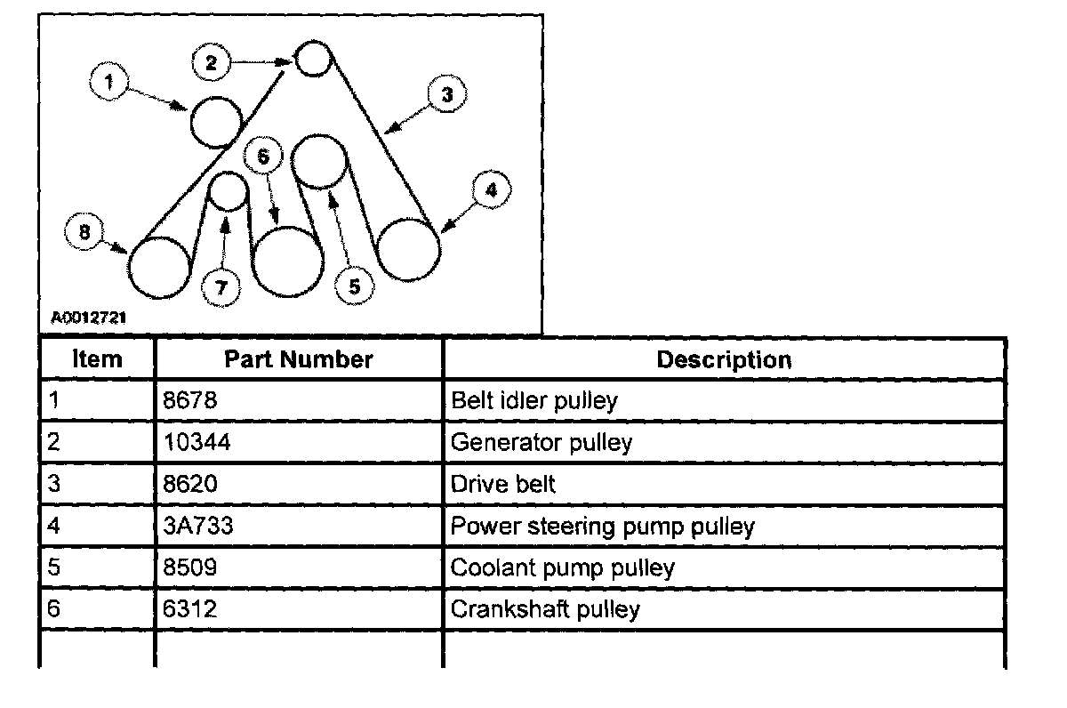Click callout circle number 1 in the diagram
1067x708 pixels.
click(108, 83)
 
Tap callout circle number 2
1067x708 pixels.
click(211, 62)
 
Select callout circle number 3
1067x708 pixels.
click(446, 95)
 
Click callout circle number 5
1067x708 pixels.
click(354, 286)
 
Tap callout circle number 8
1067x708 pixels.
click(84, 233)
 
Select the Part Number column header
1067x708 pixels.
click(298, 359)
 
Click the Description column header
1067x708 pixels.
click(723, 359)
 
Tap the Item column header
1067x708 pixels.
click(97, 359)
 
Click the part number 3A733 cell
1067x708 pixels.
click(197, 526)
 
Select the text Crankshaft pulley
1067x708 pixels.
click(545, 609)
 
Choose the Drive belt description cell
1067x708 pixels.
click(503, 484)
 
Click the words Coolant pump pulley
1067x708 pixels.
click(562, 567)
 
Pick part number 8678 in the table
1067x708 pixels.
click(189, 400)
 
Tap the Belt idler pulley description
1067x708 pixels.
click(533, 400)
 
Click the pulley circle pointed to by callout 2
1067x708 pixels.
click(312, 60)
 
